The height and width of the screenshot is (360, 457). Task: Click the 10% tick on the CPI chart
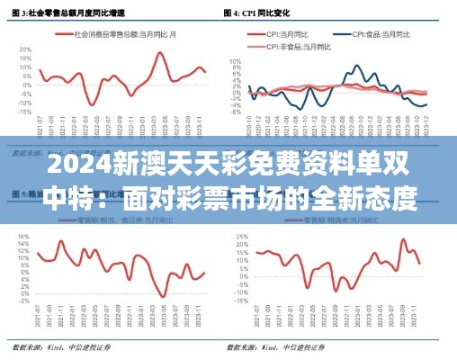point(236,61)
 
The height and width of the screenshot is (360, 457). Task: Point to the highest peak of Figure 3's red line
point(160,52)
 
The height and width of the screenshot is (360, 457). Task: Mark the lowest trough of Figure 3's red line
point(92,104)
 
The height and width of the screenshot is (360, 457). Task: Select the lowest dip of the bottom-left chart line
point(162,296)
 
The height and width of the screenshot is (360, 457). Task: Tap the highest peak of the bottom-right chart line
point(402,239)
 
